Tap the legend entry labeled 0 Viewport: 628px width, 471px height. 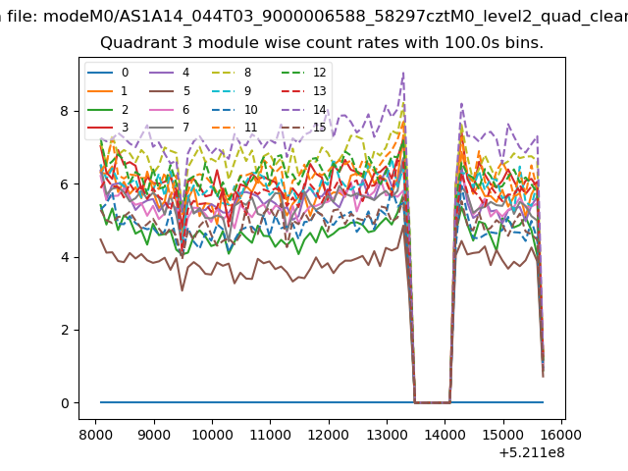pyautogui.click(x=108, y=73)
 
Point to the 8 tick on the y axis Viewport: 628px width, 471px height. pyautogui.click(x=65, y=111)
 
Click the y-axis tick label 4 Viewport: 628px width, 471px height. pyautogui.click(x=65, y=257)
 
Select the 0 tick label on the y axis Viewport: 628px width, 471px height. pyautogui.click(x=65, y=403)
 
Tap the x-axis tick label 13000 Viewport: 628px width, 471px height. pyautogui.click(x=387, y=435)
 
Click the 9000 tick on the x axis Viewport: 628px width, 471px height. pyautogui.click(x=154, y=435)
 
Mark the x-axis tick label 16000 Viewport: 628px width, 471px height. pyautogui.click(x=562, y=435)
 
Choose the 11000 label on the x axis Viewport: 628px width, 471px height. pyautogui.click(x=271, y=435)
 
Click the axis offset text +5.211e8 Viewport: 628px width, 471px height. pyautogui.click(x=532, y=453)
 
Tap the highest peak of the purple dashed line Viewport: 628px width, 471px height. pyautogui.click(x=403, y=72)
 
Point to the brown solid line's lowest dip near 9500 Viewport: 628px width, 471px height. pyautogui.click(x=183, y=290)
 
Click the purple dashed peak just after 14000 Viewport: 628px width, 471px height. pyautogui.click(x=462, y=104)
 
